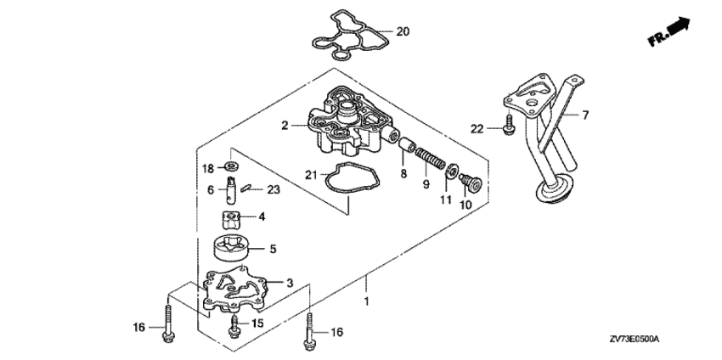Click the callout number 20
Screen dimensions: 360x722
(403, 31)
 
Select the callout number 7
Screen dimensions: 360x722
(585, 113)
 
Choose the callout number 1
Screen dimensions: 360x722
(367, 301)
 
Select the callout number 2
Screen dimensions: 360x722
(286, 126)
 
